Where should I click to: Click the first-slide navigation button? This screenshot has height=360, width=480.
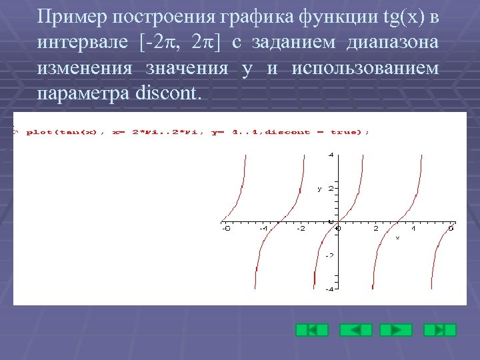pos(312,329)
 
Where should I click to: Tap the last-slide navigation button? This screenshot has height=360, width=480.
pos(440,329)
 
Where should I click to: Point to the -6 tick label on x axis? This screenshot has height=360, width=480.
pos(226,229)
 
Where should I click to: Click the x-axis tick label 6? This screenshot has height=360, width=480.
pos(451,229)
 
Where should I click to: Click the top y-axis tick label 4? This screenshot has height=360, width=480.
pos(331,155)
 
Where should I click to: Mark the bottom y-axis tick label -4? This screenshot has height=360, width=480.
pos(329,289)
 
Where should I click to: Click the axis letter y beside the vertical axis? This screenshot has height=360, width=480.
pos(319,189)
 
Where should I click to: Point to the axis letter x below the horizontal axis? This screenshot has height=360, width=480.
pos(397,237)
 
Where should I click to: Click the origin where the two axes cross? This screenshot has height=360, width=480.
pos(339,221)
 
